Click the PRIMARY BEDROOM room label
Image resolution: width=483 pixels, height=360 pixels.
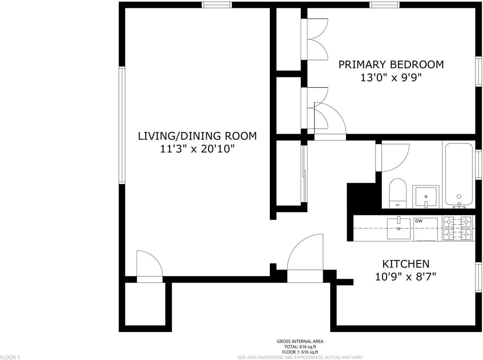391,65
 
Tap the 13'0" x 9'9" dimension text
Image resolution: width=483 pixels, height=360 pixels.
391,78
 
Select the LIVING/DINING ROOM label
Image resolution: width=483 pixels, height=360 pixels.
197,136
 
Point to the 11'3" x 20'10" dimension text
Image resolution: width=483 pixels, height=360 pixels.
197,149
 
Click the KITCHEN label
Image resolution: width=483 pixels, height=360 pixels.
406,264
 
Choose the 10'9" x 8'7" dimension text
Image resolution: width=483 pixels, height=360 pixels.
406,277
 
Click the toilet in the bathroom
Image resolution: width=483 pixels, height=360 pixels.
397,194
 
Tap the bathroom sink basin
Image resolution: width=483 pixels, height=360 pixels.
426,197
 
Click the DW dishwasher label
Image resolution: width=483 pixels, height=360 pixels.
419,221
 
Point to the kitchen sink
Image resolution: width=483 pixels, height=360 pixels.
399,229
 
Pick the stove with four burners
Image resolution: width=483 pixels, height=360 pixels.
457,228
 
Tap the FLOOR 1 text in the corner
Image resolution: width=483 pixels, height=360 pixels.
10,357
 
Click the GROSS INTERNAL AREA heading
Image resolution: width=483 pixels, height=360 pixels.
300,342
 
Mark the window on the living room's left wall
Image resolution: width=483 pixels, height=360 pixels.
122,125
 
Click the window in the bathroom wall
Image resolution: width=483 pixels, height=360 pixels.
478,165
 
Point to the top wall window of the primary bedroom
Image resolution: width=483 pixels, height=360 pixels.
384,5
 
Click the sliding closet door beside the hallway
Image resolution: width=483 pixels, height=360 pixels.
304,174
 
